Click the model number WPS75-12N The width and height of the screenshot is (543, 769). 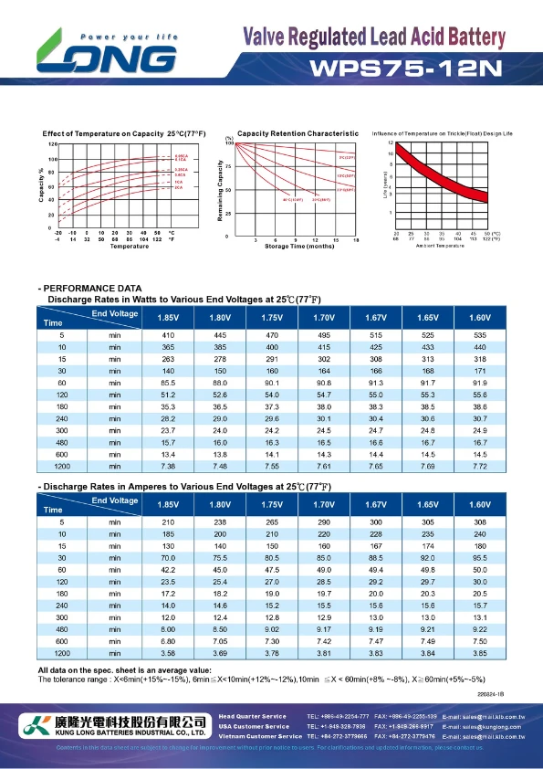pyautogui.click(x=405, y=68)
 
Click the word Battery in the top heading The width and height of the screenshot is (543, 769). pyautogui.click(x=471, y=37)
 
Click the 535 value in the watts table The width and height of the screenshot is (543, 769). pyautogui.click(x=480, y=336)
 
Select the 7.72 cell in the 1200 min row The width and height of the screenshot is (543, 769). pyautogui.click(x=480, y=467)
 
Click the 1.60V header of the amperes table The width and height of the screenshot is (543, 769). pyautogui.click(x=480, y=504)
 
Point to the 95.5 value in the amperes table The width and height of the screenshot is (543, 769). pyautogui.click(x=480, y=556)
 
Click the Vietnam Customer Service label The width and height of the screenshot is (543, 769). pyautogui.click(x=260, y=735)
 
